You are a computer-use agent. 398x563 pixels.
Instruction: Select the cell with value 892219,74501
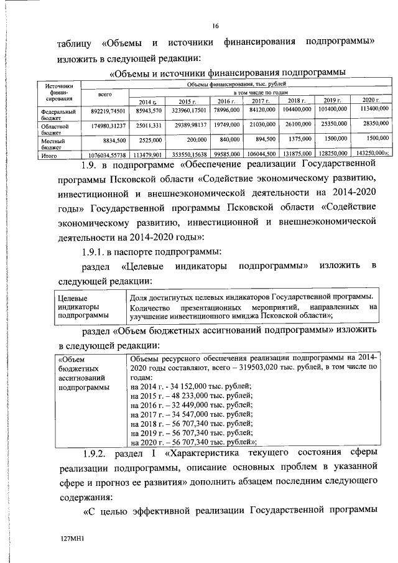[104, 109]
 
